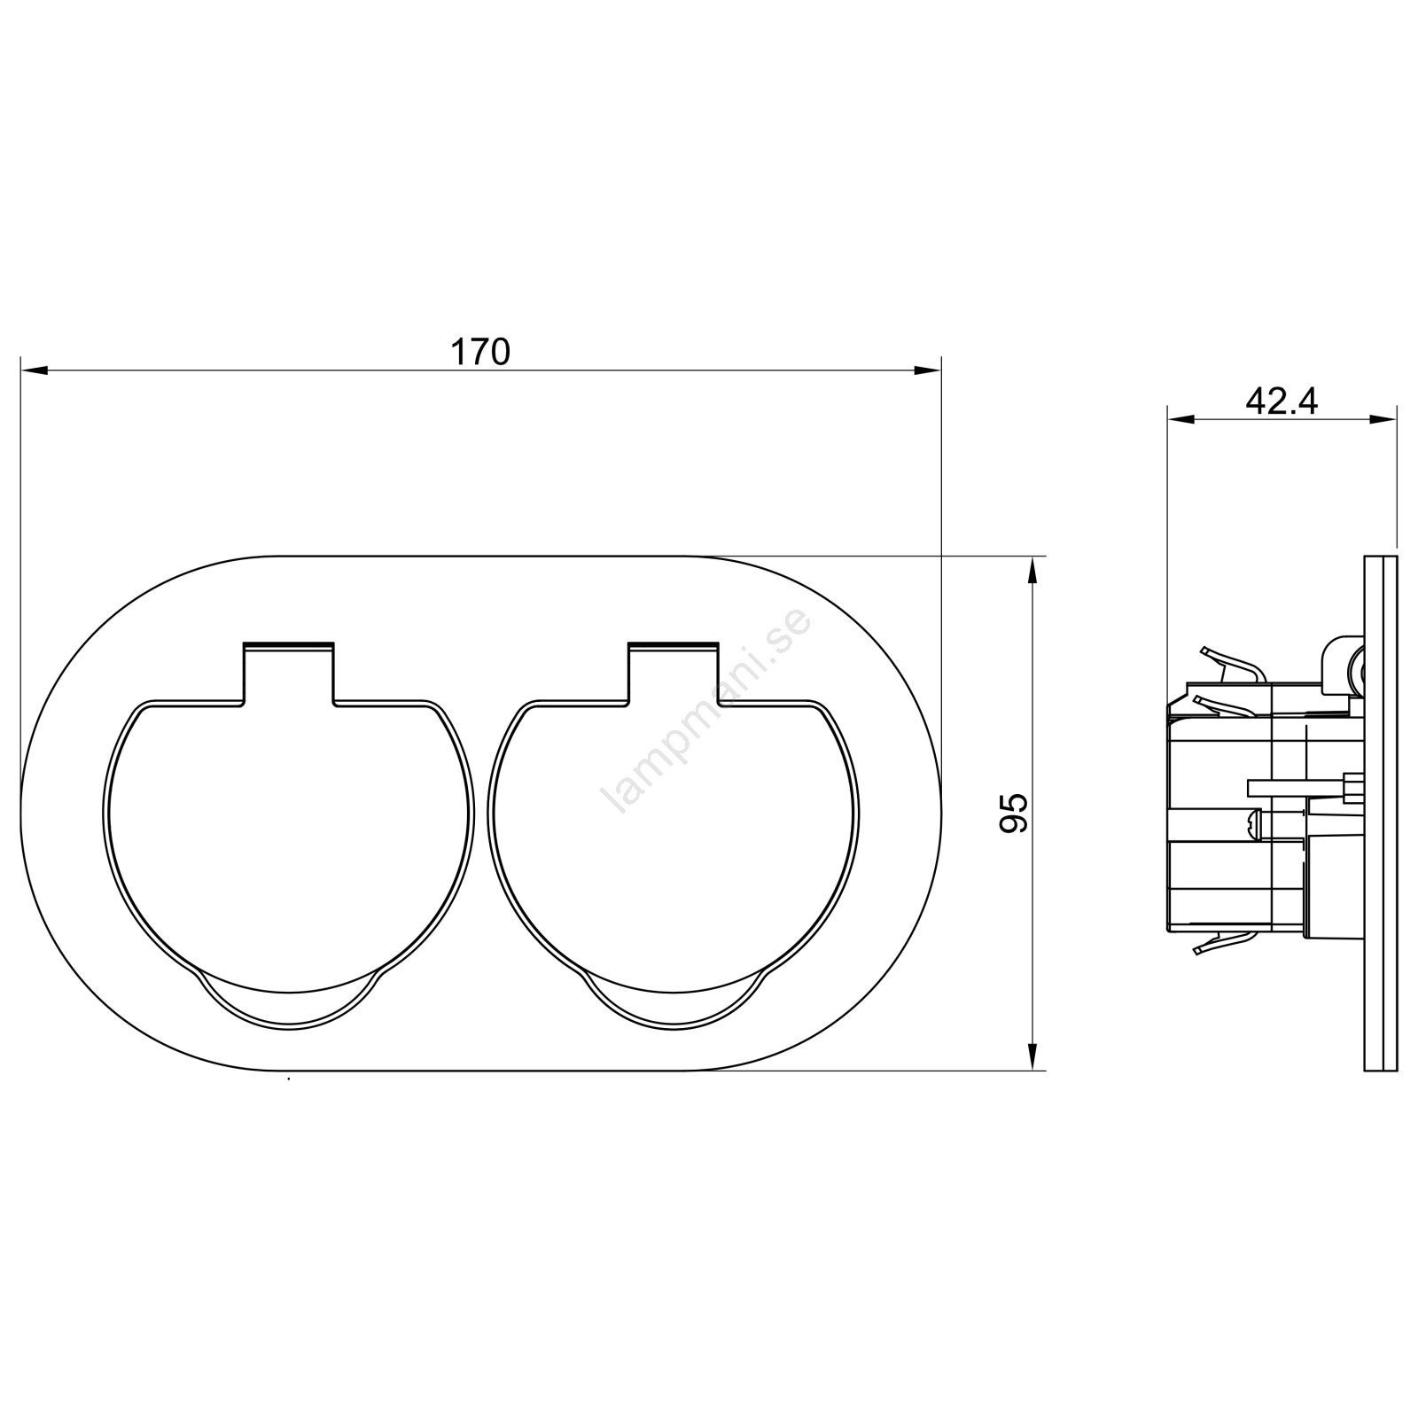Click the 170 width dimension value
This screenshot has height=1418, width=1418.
tap(481, 353)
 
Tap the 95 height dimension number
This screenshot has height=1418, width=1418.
tap(1014, 813)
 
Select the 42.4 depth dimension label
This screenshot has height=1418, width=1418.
tap(1282, 401)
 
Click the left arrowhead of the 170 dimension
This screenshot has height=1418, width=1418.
tap(34, 370)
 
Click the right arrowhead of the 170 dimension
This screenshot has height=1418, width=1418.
tap(928, 370)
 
